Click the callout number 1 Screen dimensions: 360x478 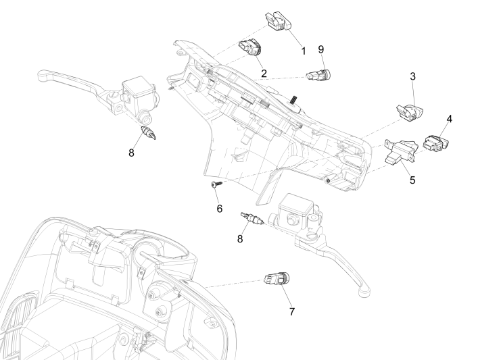304,51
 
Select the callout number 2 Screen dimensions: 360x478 263,72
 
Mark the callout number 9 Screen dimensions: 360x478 321,51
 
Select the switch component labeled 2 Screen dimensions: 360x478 251,49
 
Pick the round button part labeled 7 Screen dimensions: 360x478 277,279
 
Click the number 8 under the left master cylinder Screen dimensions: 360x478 131,152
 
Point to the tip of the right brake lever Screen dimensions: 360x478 364,292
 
